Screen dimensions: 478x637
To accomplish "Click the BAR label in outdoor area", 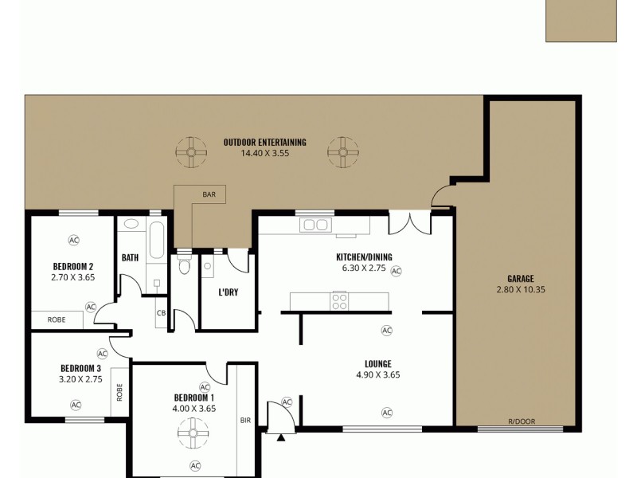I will click(209, 194).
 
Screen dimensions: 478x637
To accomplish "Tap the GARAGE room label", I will click(520, 279).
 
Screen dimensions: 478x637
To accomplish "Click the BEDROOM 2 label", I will click(73, 267).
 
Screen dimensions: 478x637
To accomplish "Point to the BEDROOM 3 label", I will click(80, 368).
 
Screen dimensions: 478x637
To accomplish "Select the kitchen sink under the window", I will click(316, 225).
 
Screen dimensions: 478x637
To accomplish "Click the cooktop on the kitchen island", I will click(339, 301).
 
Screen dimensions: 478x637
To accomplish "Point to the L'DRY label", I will click(229, 292).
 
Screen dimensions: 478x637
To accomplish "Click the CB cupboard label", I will click(161, 313).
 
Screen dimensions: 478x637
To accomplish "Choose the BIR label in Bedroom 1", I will click(245, 420).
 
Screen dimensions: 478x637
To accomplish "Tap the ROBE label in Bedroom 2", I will click(57, 319).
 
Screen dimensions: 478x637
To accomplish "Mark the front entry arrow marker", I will click(280, 437).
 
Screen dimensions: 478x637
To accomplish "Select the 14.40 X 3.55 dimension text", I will click(264, 153).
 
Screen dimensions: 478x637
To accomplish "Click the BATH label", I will click(131, 257).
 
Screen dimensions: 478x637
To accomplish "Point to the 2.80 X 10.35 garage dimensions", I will click(520, 289).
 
